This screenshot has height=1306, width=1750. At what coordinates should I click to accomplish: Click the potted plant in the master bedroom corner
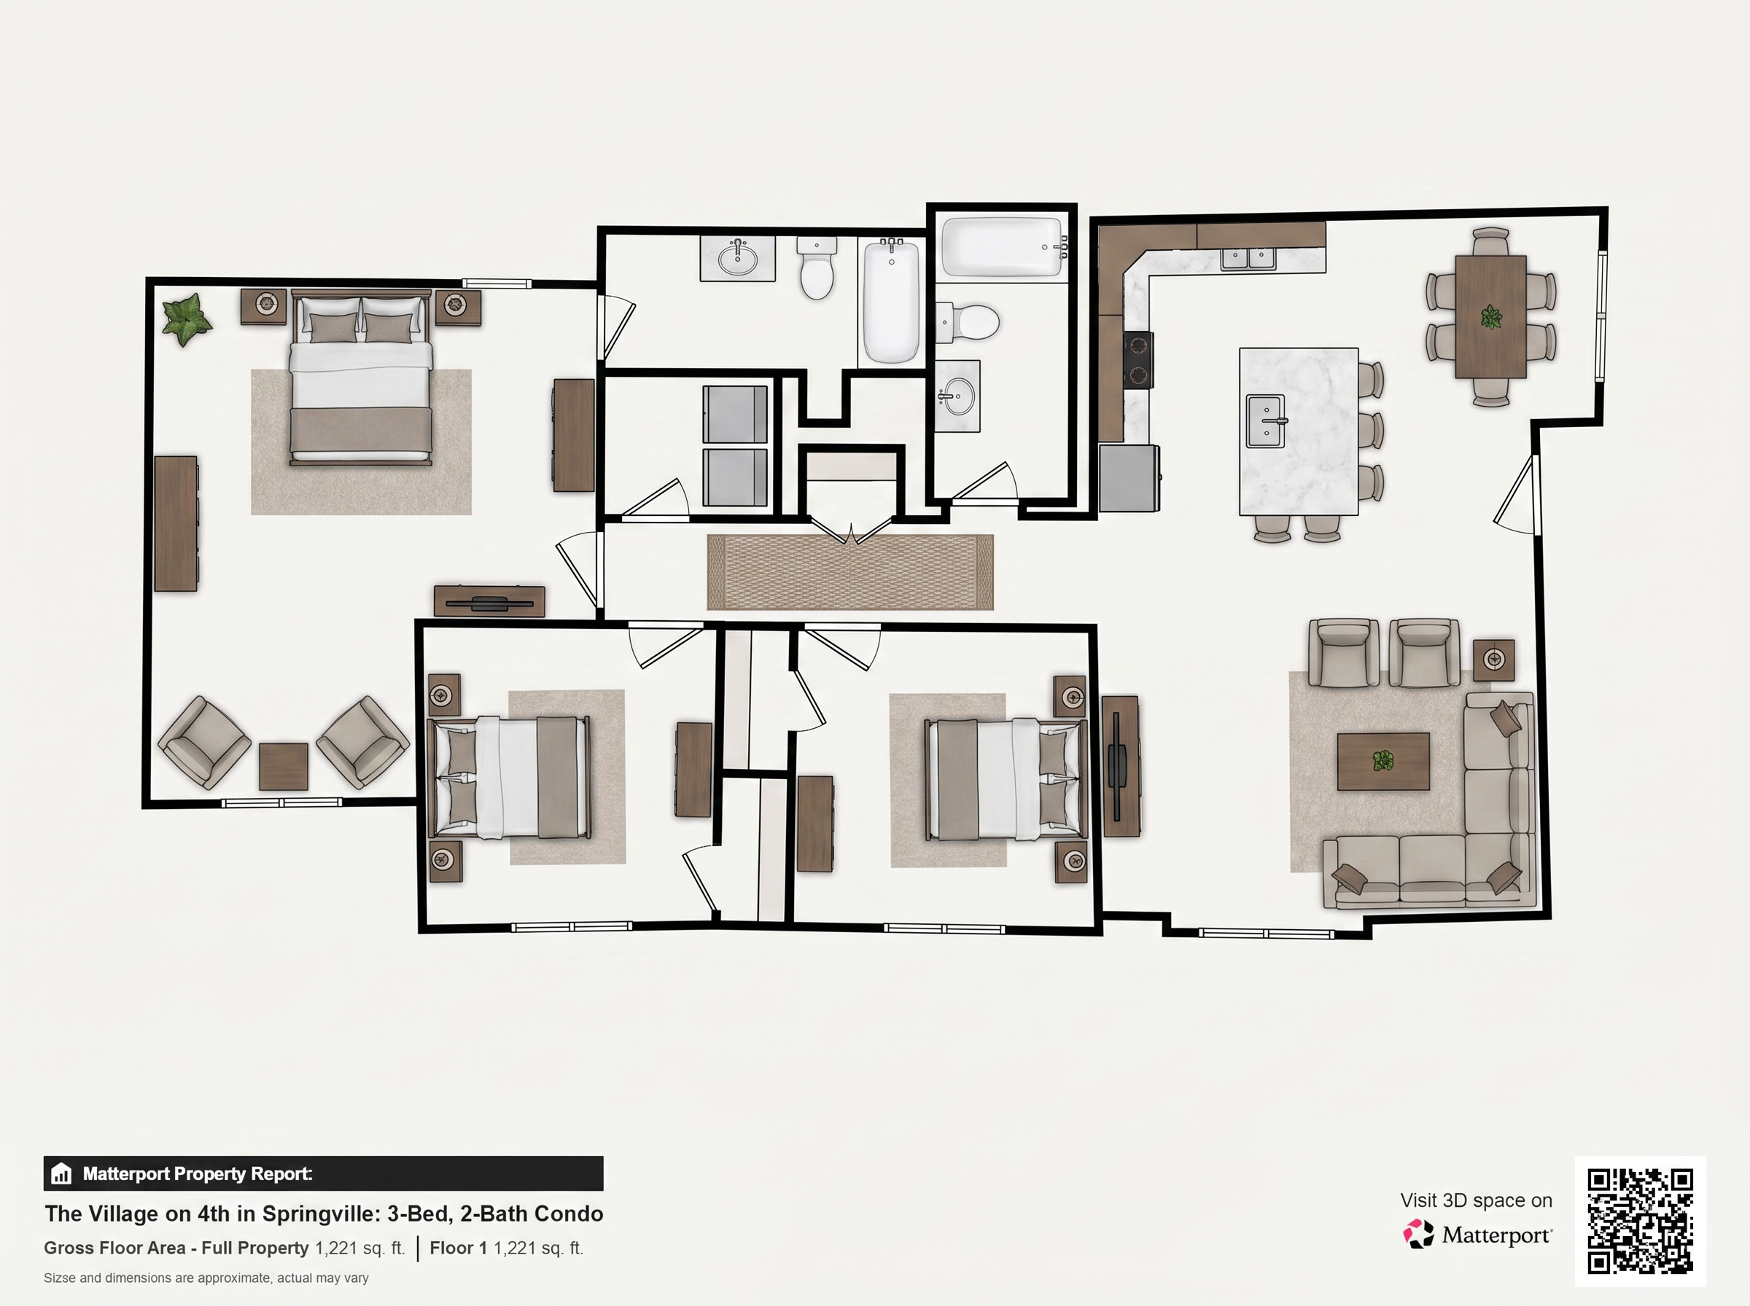pyautogui.click(x=187, y=319)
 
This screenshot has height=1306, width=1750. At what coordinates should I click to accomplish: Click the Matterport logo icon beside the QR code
pyautogui.click(x=1418, y=1234)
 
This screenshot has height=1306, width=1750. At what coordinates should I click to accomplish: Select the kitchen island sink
pyautogui.click(x=1267, y=421)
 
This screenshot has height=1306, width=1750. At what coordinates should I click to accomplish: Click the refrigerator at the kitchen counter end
pyautogui.click(x=1129, y=477)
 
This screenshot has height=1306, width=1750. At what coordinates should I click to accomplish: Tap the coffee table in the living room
pyautogui.click(x=1383, y=762)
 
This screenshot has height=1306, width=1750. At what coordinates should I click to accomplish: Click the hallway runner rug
pyautogui.click(x=850, y=571)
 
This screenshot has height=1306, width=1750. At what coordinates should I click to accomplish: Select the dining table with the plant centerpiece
pyautogui.click(x=1490, y=317)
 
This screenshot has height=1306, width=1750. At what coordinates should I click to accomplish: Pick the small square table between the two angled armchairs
pyautogui.click(x=283, y=766)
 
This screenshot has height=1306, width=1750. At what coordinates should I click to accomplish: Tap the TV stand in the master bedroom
pyautogui.click(x=489, y=601)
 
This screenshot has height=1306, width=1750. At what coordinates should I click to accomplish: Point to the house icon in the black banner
pyautogui.click(x=61, y=1174)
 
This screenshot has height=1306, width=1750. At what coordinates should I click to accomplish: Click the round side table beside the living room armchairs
pyautogui.click(x=1494, y=660)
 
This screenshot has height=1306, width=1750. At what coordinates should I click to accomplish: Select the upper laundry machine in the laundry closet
pyautogui.click(x=735, y=414)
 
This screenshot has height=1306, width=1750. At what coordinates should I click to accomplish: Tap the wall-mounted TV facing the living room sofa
pyautogui.click(x=1120, y=766)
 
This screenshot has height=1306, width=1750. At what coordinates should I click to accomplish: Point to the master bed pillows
pyautogui.click(x=362, y=327)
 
